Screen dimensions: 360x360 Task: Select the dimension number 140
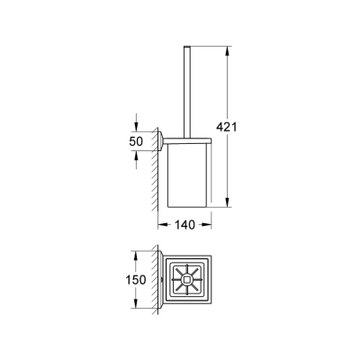(185, 227)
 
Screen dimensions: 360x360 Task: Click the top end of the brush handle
(190, 44)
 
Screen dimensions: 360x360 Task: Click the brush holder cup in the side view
(187, 175)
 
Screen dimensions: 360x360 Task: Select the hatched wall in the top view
(154, 279)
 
